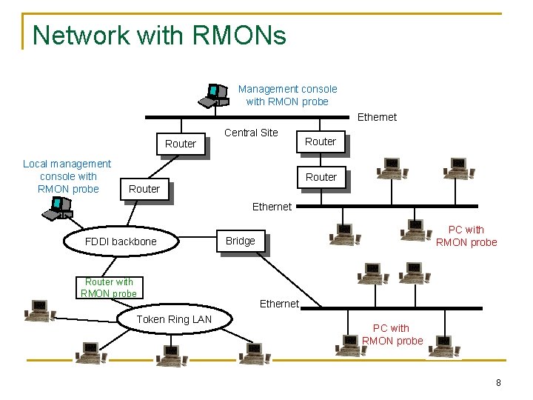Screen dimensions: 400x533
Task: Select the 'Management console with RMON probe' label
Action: [x=287, y=95]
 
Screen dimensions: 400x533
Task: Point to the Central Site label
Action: [x=251, y=133]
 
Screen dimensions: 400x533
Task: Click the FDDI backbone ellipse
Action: [x=121, y=241]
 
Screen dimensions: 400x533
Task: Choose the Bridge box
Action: [x=240, y=241]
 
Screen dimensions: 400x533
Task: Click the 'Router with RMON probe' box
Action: [x=110, y=287]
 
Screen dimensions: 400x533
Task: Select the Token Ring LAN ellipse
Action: [x=175, y=319]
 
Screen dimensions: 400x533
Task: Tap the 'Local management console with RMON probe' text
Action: [x=67, y=176]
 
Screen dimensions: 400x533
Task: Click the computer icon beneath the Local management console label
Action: [x=56, y=210]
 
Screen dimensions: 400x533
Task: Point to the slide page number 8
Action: [x=498, y=383]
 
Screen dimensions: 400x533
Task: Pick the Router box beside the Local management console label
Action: [x=144, y=189]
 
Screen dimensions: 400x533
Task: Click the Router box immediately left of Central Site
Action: [x=181, y=144]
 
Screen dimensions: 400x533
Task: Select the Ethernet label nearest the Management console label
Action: [x=377, y=117]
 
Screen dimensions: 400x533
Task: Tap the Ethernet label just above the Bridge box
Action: [x=272, y=207]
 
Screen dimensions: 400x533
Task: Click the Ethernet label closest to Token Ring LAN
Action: [x=279, y=304]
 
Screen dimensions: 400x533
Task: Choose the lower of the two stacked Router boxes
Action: [x=321, y=177]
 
